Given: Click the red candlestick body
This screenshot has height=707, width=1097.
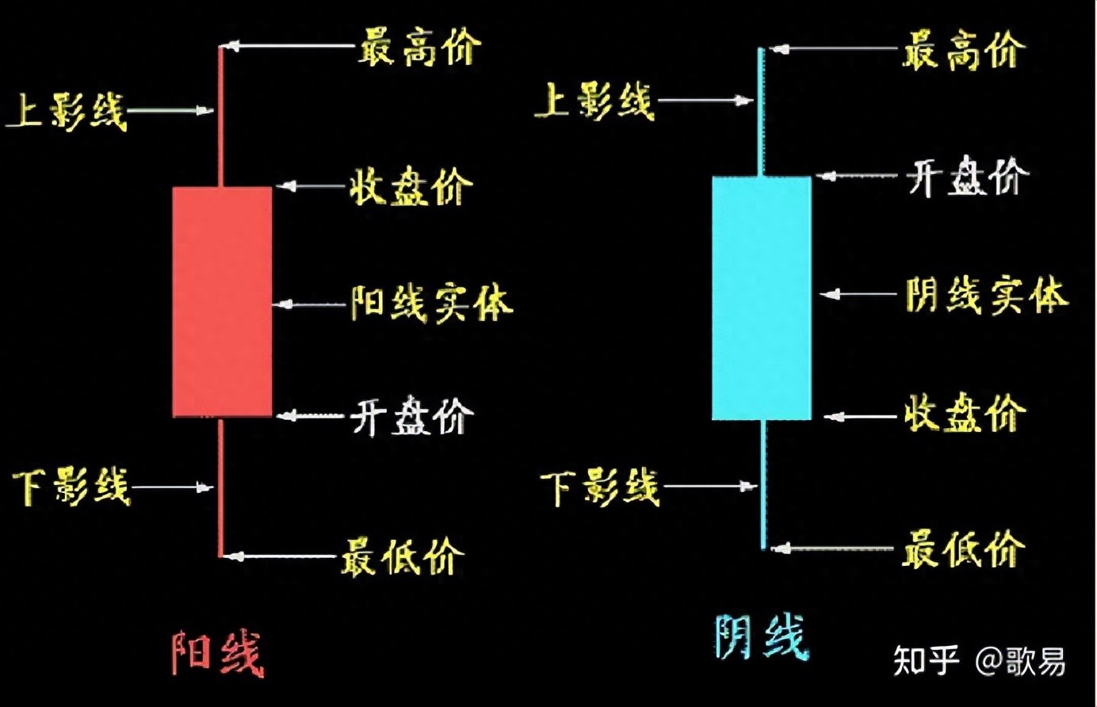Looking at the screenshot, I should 222,301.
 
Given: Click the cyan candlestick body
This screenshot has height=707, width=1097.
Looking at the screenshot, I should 761,297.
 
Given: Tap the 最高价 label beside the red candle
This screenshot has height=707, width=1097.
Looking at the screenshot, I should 419,48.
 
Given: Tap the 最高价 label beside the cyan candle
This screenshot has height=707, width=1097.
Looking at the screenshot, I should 963,51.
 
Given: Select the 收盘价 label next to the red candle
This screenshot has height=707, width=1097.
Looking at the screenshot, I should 411,188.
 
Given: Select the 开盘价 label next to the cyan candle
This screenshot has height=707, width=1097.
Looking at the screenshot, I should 968,177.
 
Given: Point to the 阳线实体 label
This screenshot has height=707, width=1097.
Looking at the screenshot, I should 431,304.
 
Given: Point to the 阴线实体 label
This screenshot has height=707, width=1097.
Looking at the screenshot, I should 987,295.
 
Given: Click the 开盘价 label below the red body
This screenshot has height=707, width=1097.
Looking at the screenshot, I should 412,416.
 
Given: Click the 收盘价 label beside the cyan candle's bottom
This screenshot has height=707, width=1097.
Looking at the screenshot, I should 965,414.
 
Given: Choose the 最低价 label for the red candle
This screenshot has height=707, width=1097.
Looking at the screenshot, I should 403,556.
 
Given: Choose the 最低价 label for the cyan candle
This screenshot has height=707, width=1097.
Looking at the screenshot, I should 963,548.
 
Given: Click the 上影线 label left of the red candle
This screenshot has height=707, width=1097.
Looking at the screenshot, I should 67,111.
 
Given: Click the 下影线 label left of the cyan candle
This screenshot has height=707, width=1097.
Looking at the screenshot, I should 600,487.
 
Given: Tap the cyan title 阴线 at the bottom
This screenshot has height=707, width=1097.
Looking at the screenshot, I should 761,638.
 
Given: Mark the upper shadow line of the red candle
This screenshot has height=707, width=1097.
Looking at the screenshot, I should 220,119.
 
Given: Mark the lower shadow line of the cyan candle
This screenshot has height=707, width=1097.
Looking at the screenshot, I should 763,483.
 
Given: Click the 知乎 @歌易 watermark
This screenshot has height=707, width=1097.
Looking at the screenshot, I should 979,660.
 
